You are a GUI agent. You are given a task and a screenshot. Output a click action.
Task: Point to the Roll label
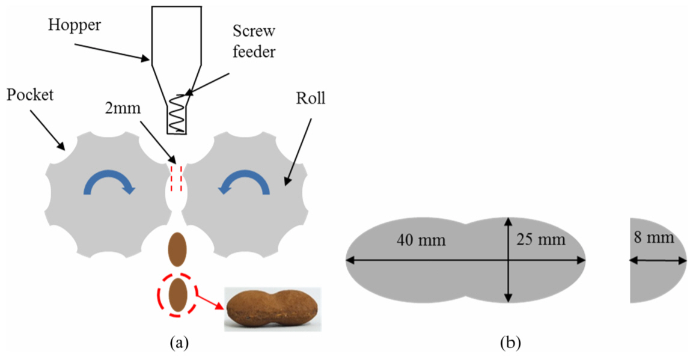point(311,98)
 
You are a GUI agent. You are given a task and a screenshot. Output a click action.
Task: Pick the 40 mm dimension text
point(421,240)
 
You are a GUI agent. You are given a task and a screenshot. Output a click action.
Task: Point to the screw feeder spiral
point(176,114)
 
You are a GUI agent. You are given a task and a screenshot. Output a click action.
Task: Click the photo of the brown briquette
point(272,308)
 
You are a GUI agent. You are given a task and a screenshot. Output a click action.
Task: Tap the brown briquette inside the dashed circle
point(177,296)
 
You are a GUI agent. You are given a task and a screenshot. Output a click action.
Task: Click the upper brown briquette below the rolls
point(177,248)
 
